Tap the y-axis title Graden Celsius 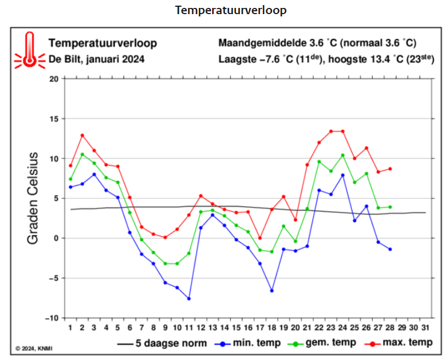click(33, 198)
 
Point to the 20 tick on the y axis click(54, 79)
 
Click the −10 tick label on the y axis click(51, 318)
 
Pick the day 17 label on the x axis click(260, 328)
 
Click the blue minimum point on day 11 click(188, 298)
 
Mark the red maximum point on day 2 click(82, 135)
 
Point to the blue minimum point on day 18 click(272, 290)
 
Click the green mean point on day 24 click(343, 155)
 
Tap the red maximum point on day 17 click(260, 238)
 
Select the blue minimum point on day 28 click(390, 249)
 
